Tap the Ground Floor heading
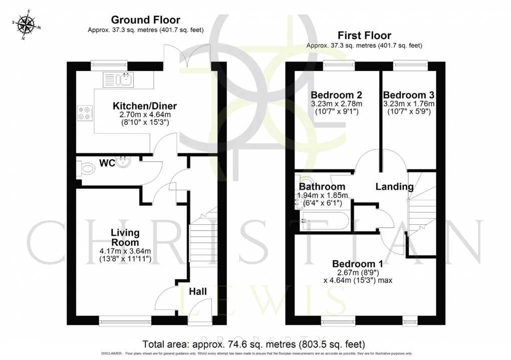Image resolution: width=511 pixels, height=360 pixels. click(145, 20)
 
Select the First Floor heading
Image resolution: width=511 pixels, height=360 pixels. click(364, 35)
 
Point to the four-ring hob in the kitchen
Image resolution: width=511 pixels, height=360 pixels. click(85, 114)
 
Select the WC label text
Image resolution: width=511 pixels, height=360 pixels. click(107, 163)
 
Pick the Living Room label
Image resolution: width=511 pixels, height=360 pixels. click(125, 238)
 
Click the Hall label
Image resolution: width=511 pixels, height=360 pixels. click(199, 291)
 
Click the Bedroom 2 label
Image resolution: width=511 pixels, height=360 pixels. click(336, 95)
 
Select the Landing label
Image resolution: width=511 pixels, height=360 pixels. click(395, 187)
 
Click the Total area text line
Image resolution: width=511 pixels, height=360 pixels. click(254, 344)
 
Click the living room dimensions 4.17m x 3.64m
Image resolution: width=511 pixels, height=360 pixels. click(125, 251)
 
